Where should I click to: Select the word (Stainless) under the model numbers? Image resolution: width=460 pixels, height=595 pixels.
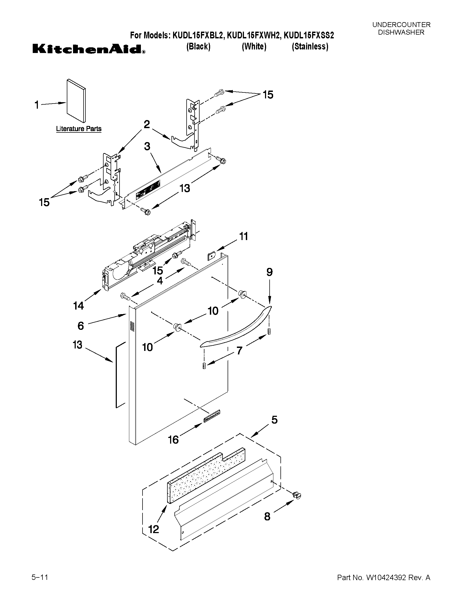point(310,46)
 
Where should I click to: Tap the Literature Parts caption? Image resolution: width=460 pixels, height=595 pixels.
point(78,129)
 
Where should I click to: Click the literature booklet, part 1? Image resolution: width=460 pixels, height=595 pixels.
point(76,101)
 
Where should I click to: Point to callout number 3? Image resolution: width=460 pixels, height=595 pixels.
point(147,147)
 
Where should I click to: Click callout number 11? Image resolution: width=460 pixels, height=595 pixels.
point(243,236)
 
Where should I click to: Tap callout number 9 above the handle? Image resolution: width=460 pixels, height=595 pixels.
point(269,272)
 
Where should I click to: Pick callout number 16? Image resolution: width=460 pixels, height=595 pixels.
point(173,440)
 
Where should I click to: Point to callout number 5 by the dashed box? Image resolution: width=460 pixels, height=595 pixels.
point(274,420)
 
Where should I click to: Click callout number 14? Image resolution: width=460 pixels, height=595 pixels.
point(78,306)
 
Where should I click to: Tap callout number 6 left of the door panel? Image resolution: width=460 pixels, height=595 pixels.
point(81,326)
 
